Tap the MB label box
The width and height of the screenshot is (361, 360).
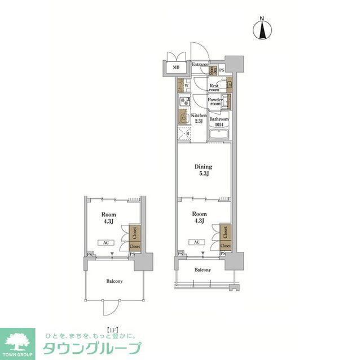pos(176,68)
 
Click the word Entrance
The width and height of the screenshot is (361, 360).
pos(200,65)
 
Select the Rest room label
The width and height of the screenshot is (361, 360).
pos(214,88)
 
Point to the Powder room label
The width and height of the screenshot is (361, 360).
pos(215,101)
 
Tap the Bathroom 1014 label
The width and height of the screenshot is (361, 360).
pos(219,122)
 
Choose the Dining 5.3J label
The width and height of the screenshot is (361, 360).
pos(203,170)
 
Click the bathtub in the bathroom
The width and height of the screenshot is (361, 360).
pos(219,135)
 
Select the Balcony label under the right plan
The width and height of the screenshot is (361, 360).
pos(203,270)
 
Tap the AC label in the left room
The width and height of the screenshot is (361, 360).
pos(105,243)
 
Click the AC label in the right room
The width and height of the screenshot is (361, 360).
pos(196,242)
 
